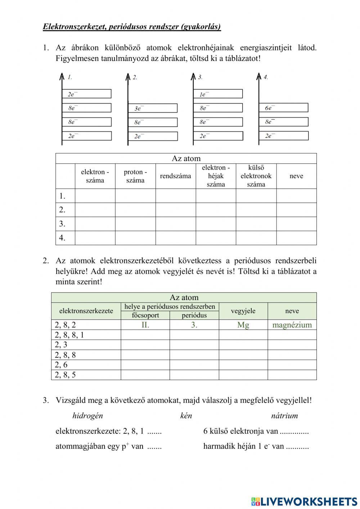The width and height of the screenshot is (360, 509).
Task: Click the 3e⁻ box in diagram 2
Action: [153, 108]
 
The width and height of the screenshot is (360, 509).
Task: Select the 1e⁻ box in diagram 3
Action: [218, 94]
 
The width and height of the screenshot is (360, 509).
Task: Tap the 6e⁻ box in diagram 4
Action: [284, 108]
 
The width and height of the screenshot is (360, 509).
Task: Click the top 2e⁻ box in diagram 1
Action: [87, 94]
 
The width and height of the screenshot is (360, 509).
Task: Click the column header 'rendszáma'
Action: [176, 176]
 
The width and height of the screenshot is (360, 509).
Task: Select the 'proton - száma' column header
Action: [135, 176]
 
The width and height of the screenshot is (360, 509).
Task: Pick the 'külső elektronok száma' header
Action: [256, 176]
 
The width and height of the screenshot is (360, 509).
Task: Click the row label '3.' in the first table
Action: [62, 224]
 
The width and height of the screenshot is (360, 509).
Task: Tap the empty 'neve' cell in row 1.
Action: [296, 196]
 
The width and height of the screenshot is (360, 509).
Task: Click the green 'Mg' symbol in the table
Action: [243, 325]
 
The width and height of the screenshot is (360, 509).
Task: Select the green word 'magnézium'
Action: [292, 325]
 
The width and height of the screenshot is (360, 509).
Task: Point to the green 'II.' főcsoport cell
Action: [145, 325]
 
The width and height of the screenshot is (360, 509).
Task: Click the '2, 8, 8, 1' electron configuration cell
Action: [69, 335]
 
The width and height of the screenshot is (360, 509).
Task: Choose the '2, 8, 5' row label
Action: [66, 375]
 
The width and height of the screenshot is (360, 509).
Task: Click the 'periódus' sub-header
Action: [194, 316]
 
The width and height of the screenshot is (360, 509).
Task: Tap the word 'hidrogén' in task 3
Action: [87, 416]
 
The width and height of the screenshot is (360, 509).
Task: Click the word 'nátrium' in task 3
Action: [284, 416]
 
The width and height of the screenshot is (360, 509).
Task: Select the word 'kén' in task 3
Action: [186, 416]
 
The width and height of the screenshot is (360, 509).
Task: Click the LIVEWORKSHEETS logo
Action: [304, 501]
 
